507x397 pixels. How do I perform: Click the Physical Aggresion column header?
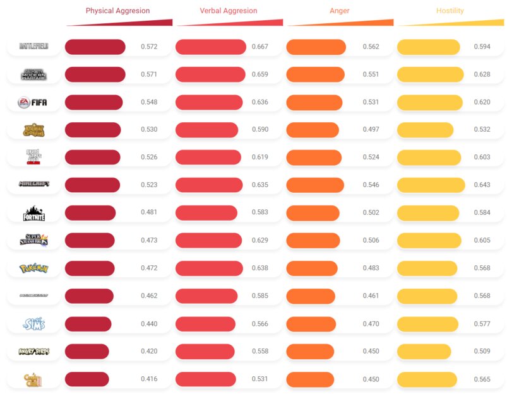(x=118, y=11)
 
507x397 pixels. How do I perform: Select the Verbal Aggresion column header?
(x=229, y=11)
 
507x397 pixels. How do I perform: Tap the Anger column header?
(x=340, y=11)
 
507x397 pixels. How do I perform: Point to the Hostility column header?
(x=450, y=11)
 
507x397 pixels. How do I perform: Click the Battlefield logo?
(x=33, y=47)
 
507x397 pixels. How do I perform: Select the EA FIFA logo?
(x=33, y=102)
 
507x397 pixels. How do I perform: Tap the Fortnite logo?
(x=33, y=213)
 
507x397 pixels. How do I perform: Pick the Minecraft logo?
(x=33, y=185)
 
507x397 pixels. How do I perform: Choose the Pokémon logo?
(x=33, y=268)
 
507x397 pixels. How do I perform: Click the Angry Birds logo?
(x=33, y=352)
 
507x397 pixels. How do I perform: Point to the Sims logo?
(x=33, y=324)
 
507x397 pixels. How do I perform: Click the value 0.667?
(x=259, y=47)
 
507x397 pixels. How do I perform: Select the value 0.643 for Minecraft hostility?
(x=481, y=185)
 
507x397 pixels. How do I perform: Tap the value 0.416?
(x=149, y=379)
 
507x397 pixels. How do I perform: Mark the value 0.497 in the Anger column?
(x=371, y=130)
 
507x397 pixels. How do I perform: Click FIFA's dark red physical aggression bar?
(x=93, y=102)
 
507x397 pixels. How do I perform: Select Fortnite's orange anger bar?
(x=311, y=213)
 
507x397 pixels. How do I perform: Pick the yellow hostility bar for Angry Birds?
(x=424, y=352)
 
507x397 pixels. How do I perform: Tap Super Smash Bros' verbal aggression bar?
(x=209, y=241)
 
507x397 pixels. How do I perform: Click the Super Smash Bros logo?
(x=33, y=241)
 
